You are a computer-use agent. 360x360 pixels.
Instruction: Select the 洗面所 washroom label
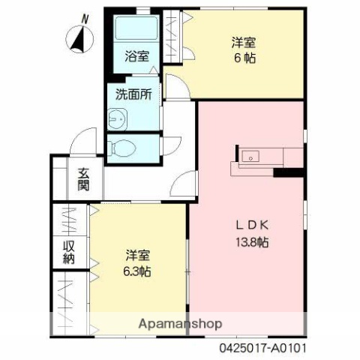133,95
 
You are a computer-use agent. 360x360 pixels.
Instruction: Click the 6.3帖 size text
137,271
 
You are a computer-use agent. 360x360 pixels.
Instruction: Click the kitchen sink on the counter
250,157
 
